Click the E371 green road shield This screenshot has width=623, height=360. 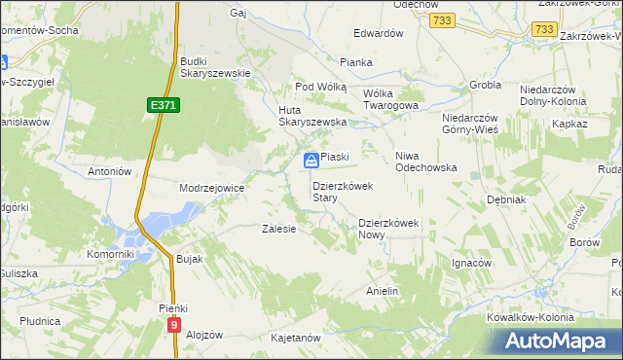[x=164, y=104]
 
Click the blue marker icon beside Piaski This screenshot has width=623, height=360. [x=311, y=160]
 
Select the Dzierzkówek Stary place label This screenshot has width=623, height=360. [x=338, y=191]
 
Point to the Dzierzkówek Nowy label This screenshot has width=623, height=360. [x=387, y=228]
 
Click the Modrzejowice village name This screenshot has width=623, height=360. [x=211, y=187]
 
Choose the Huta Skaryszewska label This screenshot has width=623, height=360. [x=313, y=115]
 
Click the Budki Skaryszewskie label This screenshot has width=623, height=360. [x=216, y=66]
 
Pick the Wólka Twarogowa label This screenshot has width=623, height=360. [x=389, y=99]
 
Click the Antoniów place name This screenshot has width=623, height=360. [x=109, y=171]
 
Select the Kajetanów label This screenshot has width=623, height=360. [x=296, y=338]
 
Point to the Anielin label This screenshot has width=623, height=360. [x=383, y=291]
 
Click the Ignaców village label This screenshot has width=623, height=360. [x=471, y=263]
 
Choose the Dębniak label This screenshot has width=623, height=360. [x=506, y=198]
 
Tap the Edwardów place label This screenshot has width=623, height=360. [x=379, y=33]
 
